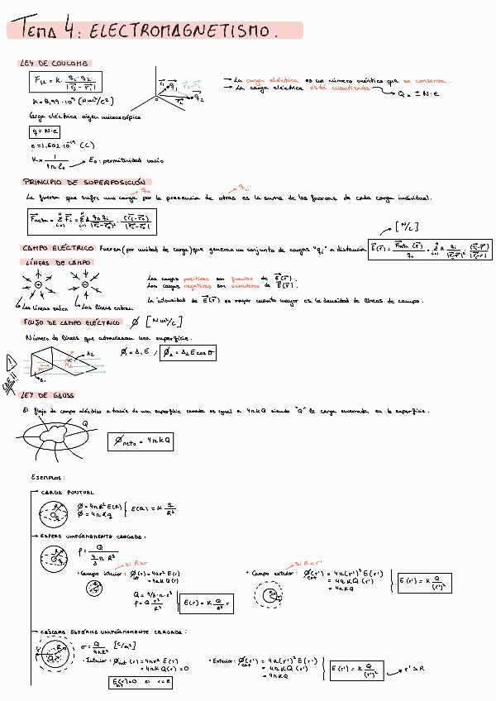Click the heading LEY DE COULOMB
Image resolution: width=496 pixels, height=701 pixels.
55,64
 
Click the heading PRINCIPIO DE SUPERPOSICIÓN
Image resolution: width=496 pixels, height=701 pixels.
86,181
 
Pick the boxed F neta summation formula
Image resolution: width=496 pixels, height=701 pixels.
91,222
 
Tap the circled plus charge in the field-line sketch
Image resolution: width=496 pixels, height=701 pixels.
38,285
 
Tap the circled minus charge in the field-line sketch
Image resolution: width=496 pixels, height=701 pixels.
85,285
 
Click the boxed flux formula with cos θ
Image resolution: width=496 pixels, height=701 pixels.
179,353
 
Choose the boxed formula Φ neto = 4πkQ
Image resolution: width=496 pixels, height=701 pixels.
141,442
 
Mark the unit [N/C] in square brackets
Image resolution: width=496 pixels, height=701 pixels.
406,226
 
